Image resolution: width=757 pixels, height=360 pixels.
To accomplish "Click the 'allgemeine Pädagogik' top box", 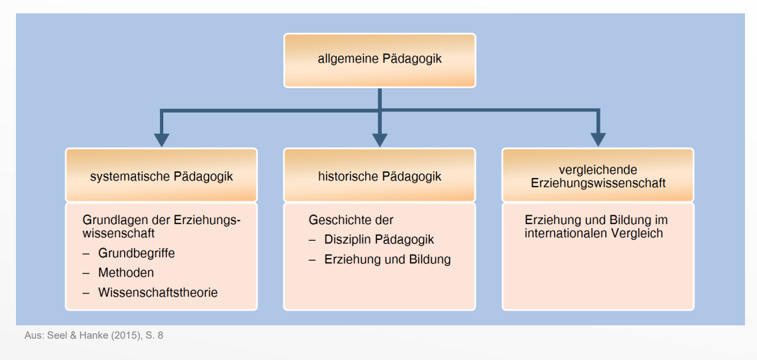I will click(x=379, y=59).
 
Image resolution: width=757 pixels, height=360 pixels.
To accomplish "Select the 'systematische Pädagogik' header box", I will click(x=161, y=176).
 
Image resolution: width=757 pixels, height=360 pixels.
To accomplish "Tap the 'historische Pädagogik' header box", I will click(x=379, y=176).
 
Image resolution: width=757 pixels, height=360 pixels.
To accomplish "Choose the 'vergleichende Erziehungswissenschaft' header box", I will click(x=598, y=176).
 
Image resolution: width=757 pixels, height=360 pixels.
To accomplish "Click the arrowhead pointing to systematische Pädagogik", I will click(x=161, y=139).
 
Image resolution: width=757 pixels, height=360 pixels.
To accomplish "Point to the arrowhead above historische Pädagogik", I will click(x=379, y=139).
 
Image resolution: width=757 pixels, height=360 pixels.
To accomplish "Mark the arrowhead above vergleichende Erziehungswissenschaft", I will click(x=598, y=139).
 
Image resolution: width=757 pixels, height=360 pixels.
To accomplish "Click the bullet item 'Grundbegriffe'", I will click(x=136, y=253).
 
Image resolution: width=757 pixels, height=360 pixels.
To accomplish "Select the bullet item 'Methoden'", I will click(x=126, y=273).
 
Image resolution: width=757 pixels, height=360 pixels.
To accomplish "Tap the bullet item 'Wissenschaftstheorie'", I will click(x=157, y=292).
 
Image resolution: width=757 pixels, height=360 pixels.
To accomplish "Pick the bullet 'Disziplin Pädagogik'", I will click(x=378, y=239).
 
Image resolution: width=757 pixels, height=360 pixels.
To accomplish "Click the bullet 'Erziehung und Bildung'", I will click(x=387, y=259).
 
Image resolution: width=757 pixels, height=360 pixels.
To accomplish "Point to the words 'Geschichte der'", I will click(x=351, y=219).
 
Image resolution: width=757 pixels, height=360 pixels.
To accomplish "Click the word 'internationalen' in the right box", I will click(x=565, y=233).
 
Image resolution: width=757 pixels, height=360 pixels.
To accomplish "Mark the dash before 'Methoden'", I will click(x=86, y=273).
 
